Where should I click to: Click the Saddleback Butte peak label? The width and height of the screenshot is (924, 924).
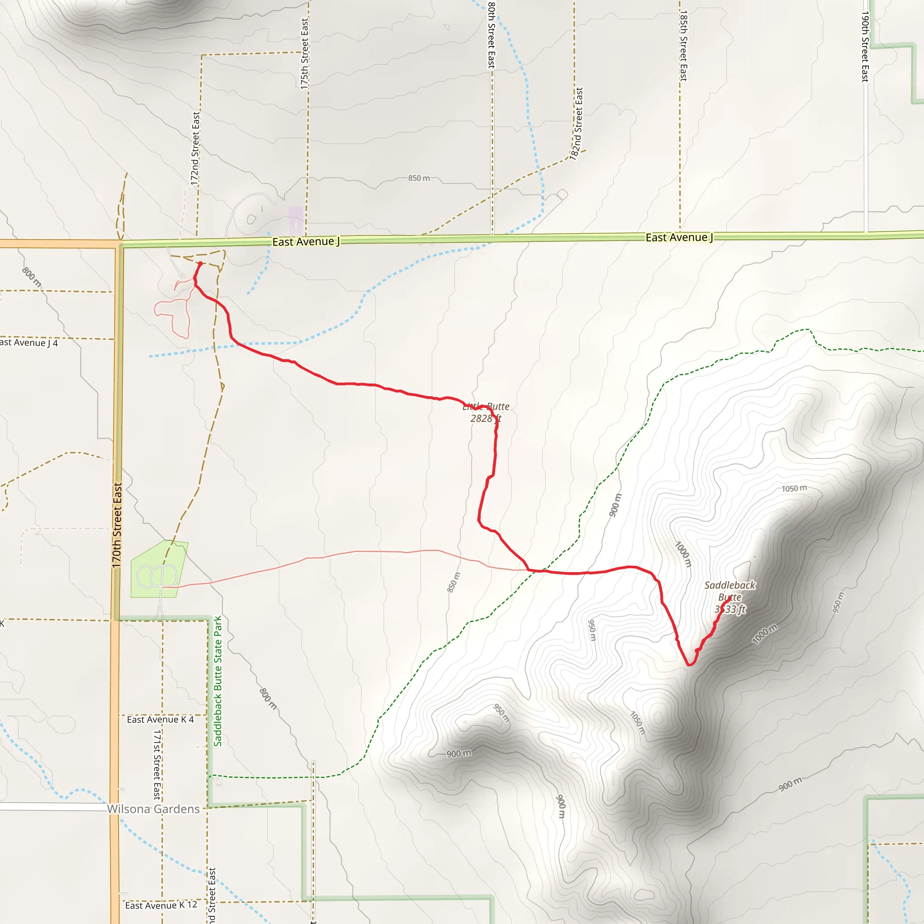[x=730, y=597]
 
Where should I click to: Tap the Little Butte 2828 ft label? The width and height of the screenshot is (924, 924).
[x=485, y=412]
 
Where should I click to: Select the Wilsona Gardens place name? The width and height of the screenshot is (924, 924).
[x=153, y=809]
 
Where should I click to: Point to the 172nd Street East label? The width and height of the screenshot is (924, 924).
[x=195, y=148]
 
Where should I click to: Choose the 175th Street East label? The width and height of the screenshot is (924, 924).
[x=304, y=54]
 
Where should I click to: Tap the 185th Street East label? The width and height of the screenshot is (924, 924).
[x=684, y=46]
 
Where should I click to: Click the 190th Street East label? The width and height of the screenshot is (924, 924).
[x=865, y=46]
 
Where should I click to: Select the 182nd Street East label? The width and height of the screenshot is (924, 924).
[x=576, y=123]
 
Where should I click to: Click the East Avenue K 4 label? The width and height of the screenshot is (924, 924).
[x=160, y=719]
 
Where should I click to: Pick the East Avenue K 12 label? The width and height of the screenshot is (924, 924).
[x=161, y=906]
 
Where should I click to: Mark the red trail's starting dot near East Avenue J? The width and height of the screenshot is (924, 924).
[x=200, y=263]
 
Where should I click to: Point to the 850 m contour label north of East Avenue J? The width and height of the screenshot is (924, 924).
[x=419, y=178]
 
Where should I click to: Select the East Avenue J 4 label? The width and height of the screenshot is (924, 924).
[x=29, y=342]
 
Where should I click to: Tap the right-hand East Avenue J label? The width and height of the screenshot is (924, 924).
[x=679, y=237]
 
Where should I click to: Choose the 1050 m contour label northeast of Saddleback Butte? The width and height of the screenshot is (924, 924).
[x=794, y=488]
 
